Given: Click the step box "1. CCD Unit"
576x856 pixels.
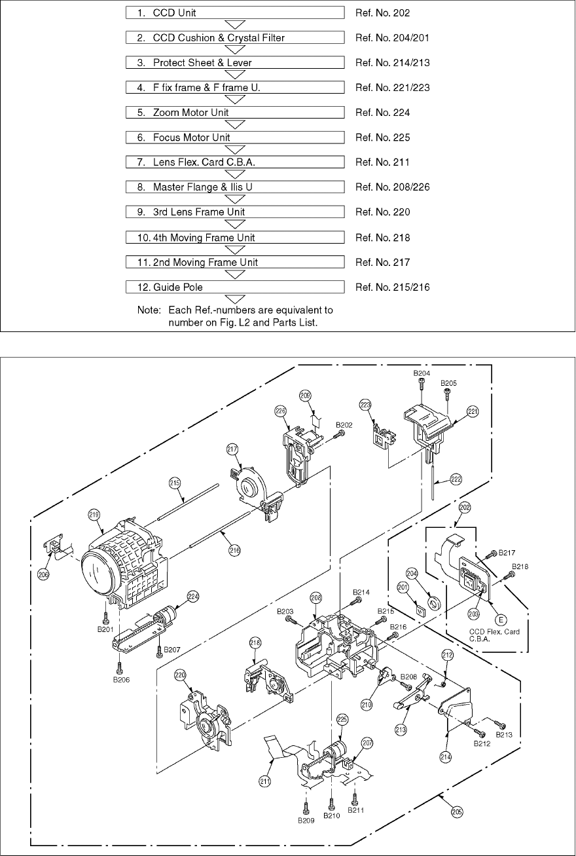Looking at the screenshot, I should click(236, 13).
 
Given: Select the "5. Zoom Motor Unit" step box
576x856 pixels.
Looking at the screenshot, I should click(236, 113).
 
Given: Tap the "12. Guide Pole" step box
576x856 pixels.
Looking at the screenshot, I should click(236, 287).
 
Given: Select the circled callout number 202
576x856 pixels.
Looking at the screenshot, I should click(465, 507).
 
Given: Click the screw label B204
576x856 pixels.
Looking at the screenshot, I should click(422, 373).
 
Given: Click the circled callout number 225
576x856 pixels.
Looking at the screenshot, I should click(342, 718).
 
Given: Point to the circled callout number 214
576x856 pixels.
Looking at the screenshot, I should click(446, 755).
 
